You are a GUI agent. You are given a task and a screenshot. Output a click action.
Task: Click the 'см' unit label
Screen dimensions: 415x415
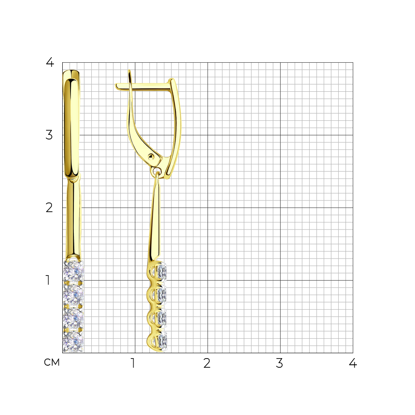coord(52,363)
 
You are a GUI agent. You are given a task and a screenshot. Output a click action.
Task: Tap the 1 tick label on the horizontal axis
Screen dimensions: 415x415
coord(133,363)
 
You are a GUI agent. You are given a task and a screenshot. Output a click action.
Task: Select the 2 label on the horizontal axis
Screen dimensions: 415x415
coord(207,363)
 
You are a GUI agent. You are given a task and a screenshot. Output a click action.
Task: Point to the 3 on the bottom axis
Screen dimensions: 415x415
coord(279,363)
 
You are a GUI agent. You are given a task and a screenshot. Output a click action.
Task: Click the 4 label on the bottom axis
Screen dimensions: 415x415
coord(353,363)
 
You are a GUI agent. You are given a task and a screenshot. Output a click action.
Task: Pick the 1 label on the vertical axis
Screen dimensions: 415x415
coord(48,280)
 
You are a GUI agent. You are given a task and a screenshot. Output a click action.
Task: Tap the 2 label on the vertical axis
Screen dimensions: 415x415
coord(49,208)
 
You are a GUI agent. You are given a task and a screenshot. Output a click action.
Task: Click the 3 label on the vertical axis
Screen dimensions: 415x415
coord(49,135)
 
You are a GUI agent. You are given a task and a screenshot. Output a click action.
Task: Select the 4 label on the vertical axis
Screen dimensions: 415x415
coord(50,62)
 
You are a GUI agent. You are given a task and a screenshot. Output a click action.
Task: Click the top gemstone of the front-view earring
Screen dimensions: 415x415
coord(73,271)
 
